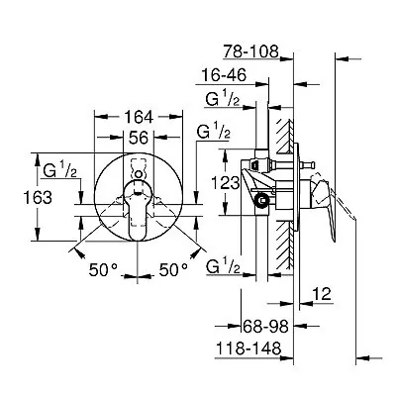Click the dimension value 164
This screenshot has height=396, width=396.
(x=139, y=117)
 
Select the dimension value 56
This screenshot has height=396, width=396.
(x=139, y=138)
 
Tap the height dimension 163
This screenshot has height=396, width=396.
(x=38, y=198)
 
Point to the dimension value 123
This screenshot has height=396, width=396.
(x=225, y=182)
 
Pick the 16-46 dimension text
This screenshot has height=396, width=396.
(x=224, y=75)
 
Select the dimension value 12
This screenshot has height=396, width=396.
(x=321, y=294)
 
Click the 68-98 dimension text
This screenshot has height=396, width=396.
(x=265, y=327)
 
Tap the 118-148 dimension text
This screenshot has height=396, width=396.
(x=248, y=348)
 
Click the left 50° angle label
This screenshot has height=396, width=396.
(x=103, y=270)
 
